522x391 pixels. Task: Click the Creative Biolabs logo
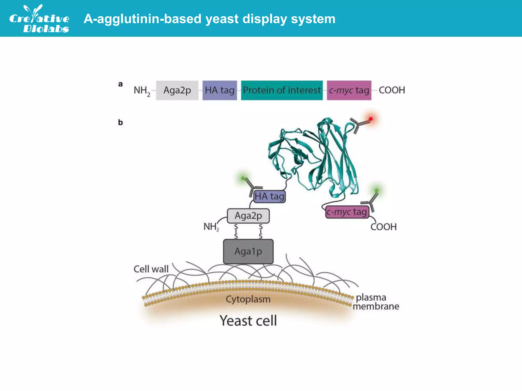pyautogui.click(x=39, y=19)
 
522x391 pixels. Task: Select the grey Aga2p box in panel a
pyautogui.click(x=177, y=90)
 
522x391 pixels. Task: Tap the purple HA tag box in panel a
pyautogui.click(x=219, y=90)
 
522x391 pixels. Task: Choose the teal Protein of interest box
pyautogui.click(x=282, y=90)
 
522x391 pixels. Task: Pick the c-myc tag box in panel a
pyautogui.click(x=349, y=90)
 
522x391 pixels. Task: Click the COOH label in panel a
pyautogui.click(x=392, y=90)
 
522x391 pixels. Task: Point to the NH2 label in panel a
pyautogui.click(x=142, y=91)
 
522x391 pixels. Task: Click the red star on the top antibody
pyautogui.click(x=371, y=119)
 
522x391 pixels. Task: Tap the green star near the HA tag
pyautogui.click(x=243, y=178)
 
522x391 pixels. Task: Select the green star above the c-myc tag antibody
pyautogui.click(x=376, y=190)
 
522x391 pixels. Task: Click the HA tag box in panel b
pyautogui.click(x=269, y=197)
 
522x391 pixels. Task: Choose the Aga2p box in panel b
pyautogui.click(x=248, y=216)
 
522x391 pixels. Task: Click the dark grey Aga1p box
pyautogui.click(x=248, y=252)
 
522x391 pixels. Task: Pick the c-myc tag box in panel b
pyautogui.click(x=347, y=212)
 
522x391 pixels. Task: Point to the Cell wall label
pyautogui.click(x=151, y=269)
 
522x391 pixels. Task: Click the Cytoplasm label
pyautogui.click(x=248, y=299)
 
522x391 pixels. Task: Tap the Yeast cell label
pyautogui.click(x=248, y=320)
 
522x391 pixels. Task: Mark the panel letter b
pyautogui.click(x=120, y=122)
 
